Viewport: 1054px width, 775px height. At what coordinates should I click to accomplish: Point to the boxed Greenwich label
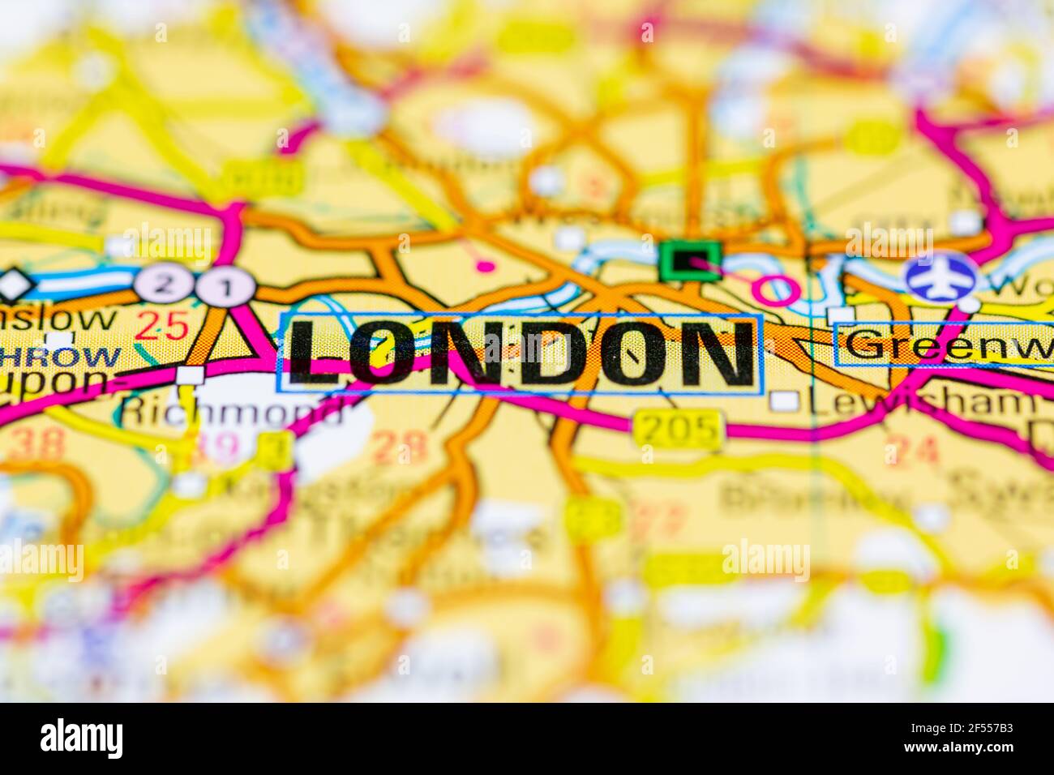pos(945,345)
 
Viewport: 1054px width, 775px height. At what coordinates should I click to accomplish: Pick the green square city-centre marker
pos(689,261)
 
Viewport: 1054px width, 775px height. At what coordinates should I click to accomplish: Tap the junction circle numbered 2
pos(162,285)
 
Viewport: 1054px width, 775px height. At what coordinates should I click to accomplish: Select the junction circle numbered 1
pos(226,287)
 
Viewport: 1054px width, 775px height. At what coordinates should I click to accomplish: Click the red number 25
pos(161,325)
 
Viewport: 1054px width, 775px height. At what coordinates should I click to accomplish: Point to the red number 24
pos(912,449)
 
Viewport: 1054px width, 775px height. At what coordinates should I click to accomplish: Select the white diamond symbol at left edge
pos(14,285)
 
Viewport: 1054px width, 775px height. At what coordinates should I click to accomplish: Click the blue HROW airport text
pos(61,357)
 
